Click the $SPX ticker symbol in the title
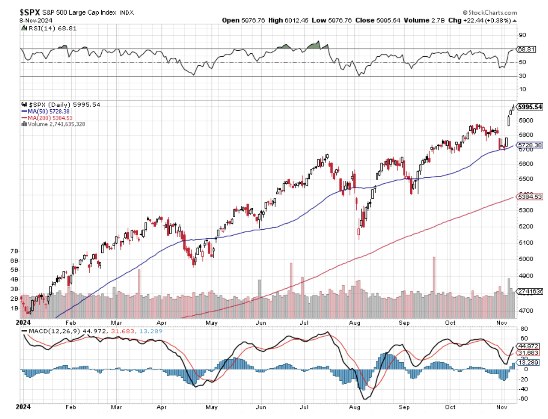coord(30,12)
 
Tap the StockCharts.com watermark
coord(490,12)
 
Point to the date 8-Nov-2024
coord(36,20)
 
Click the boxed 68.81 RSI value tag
coord(526,49)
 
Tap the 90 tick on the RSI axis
coord(522,35)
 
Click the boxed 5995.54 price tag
coord(530,107)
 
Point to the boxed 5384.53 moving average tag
coord(530,197)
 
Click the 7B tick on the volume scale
coord(14,251)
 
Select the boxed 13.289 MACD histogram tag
coord(528,362)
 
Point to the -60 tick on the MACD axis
coord(524,399)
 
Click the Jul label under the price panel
coord(304,323)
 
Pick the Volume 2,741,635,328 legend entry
coord(56,124)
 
